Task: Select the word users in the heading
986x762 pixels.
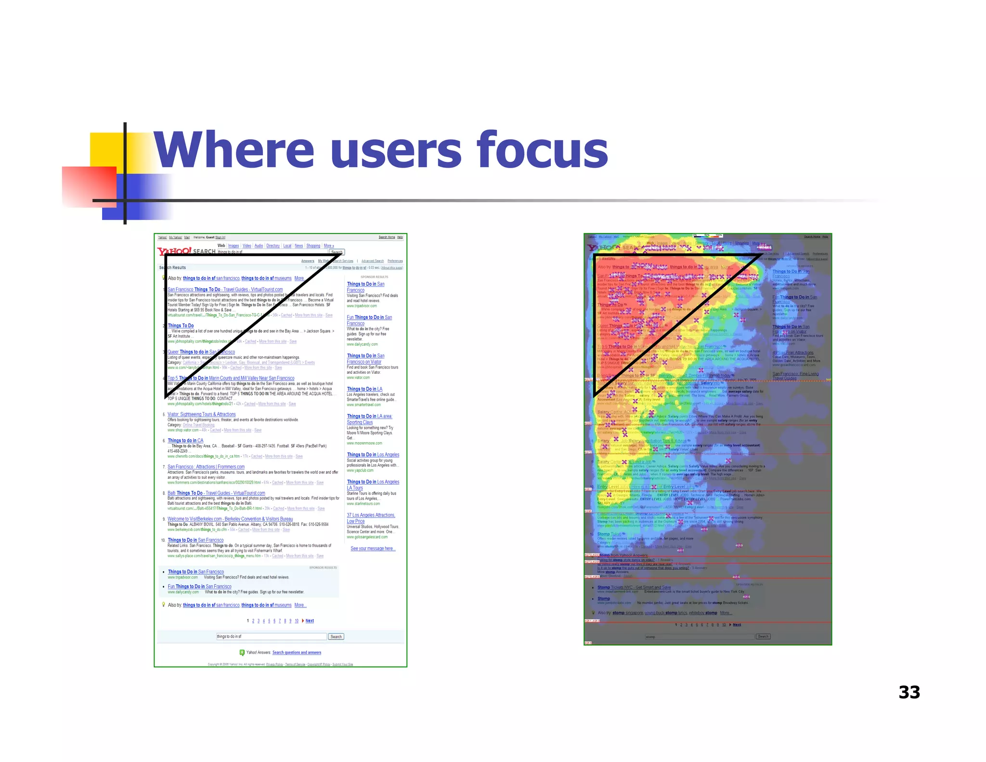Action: coord(395,151)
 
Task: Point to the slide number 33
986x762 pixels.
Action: coord(909,692)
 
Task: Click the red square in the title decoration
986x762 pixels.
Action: coord(89,187)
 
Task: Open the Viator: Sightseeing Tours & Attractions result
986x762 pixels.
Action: coord(201,414)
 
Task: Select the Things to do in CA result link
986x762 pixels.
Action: coord(185,440)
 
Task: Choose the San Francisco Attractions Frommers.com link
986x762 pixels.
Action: coord(206,467)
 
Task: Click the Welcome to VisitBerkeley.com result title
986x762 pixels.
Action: coord(230,519)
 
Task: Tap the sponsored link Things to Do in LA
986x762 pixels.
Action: coord(364,389)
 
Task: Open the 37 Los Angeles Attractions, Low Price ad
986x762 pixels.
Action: coord(371,518)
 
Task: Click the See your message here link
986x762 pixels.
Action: coord(373,548)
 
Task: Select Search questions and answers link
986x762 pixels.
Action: coord(297,653)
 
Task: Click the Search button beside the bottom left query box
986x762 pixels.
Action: coord(336,637)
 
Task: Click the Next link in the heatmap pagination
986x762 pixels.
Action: coord(737,625)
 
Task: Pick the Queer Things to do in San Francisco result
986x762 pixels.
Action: coord(201,352)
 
